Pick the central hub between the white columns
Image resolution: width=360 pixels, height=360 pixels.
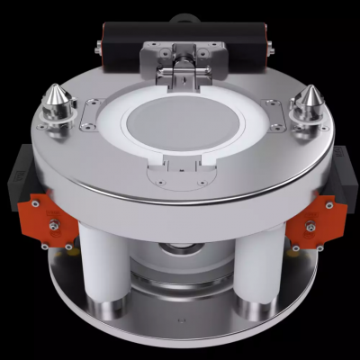pos(182,270)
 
